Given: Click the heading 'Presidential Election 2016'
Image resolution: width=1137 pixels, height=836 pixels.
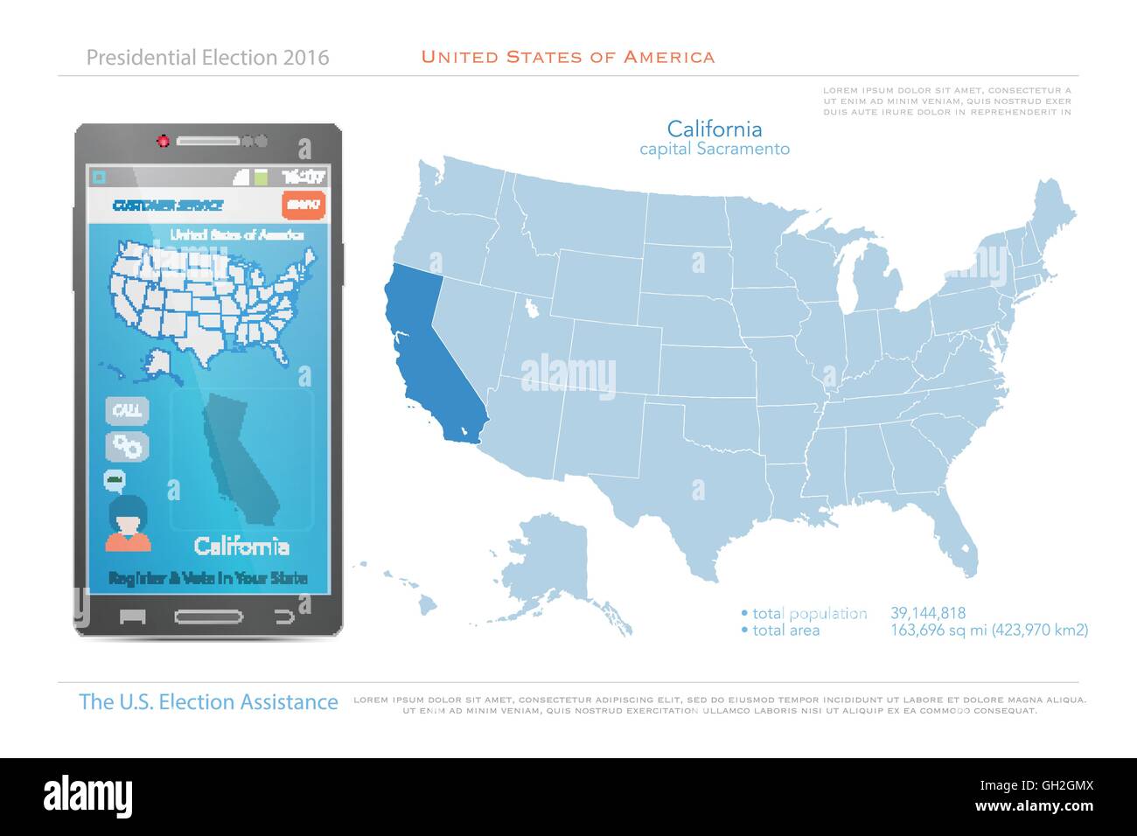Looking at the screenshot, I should (x=208, y=58).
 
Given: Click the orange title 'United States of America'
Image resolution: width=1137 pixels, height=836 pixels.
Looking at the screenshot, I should (x=568, y=58).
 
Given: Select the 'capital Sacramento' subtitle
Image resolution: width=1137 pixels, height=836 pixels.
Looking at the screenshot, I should (x=714, y=150).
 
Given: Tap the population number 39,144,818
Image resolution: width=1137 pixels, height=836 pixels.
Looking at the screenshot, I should (x=928, y=614).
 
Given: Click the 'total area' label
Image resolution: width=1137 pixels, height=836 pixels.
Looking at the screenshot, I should (x=785, y=630).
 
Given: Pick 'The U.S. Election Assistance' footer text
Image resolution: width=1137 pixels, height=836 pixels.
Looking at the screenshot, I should (x=208, y=702).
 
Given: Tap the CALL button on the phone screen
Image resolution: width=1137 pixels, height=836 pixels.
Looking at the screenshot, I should (x=127, y=410).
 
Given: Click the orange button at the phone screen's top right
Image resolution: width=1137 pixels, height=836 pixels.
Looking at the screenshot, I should (x=303, y=205).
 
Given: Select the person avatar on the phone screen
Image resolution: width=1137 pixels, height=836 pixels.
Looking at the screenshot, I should (x=128, y=525).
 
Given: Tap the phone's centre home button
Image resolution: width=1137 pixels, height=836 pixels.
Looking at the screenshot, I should (x=208, y=617).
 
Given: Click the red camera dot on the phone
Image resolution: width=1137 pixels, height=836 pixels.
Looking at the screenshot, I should (x=163, y=140).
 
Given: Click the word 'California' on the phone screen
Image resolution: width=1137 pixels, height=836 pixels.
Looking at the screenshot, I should (x=241, y=547).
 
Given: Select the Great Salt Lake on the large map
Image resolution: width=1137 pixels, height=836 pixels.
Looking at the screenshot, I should (x=530, y=308).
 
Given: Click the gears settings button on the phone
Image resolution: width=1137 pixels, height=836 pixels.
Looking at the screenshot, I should (x=127, y=447).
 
